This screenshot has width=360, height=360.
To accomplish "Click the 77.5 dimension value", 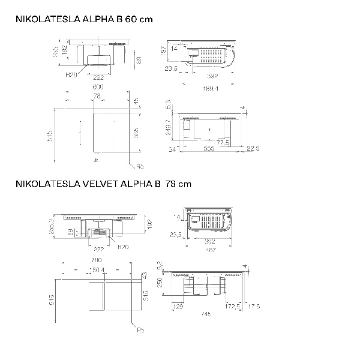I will coord(223,142).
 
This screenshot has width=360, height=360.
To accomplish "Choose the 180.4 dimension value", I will coord(97,270).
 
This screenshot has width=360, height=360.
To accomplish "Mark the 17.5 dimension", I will coord(254,307).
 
